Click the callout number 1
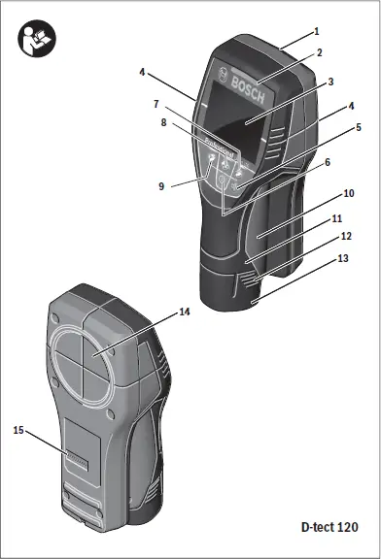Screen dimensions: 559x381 click(x=316, y=31)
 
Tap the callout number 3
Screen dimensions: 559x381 click(x=330, y=82)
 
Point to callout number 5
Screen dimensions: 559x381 click(x=359, y=126)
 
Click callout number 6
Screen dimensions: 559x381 click(x=328, y=162)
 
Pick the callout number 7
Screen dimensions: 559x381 click(x=156, y=103)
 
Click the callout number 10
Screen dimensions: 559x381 click(x=347, y=193)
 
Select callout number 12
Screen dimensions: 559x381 click(x=346, y=236)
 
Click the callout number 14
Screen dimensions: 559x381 click(x=184, y=312)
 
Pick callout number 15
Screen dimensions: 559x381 click(x=18, y=429)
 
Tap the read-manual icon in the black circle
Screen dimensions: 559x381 click(x=37, y=40)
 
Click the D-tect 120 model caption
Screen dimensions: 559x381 click(x=328, y=527)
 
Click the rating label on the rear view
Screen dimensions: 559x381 click(x=77, y=465)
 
